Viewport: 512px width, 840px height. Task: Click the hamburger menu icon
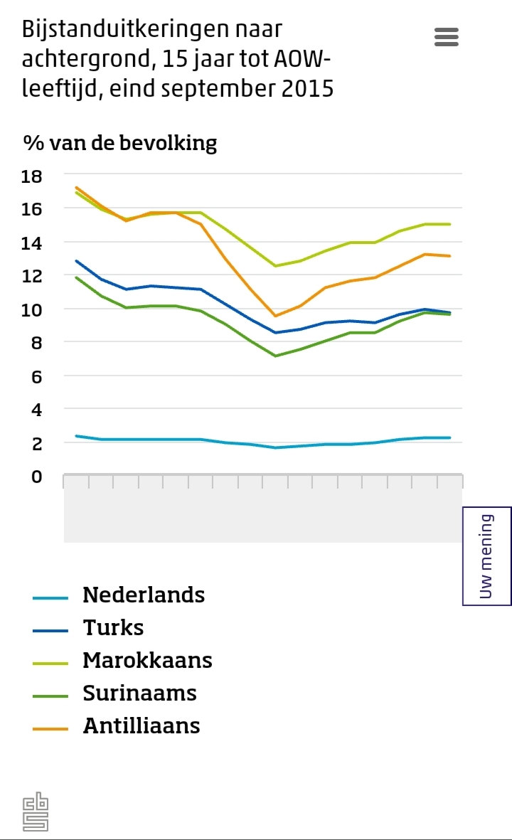pos(447,37)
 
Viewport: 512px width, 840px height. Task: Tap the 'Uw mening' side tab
pos(487,555)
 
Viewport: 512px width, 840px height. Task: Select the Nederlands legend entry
pos(144,595)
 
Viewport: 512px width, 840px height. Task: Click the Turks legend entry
pos(113,627)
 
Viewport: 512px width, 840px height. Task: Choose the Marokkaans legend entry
pos(147,660)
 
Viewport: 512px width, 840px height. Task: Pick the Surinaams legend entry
pos(139,693)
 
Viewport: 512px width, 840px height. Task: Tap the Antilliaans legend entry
pos(142,725)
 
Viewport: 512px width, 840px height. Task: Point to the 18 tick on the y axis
pos(33,176)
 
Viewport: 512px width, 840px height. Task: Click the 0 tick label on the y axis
pos(37,476)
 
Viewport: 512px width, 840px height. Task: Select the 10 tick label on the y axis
pos(33,309)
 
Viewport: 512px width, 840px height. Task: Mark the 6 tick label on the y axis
pos(37,376)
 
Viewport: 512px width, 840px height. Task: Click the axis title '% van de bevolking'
pos(120,143)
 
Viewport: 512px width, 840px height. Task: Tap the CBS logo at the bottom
pos(36,812)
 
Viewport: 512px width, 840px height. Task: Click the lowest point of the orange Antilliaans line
pos(275,316)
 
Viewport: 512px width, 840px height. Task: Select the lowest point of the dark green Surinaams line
pos(275,356)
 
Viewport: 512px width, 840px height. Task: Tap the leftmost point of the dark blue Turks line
pos(76,261)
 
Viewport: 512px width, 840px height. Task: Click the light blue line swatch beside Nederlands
pos(50,598)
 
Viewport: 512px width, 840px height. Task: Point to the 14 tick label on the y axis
pos(33,243)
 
